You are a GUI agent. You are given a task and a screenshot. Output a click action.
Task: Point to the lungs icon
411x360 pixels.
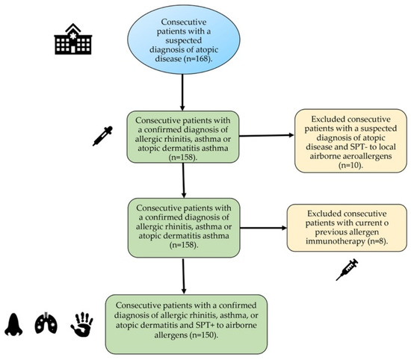45,323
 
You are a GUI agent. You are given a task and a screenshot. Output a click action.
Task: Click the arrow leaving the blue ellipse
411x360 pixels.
182,95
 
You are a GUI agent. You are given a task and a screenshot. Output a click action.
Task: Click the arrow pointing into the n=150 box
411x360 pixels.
182,276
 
